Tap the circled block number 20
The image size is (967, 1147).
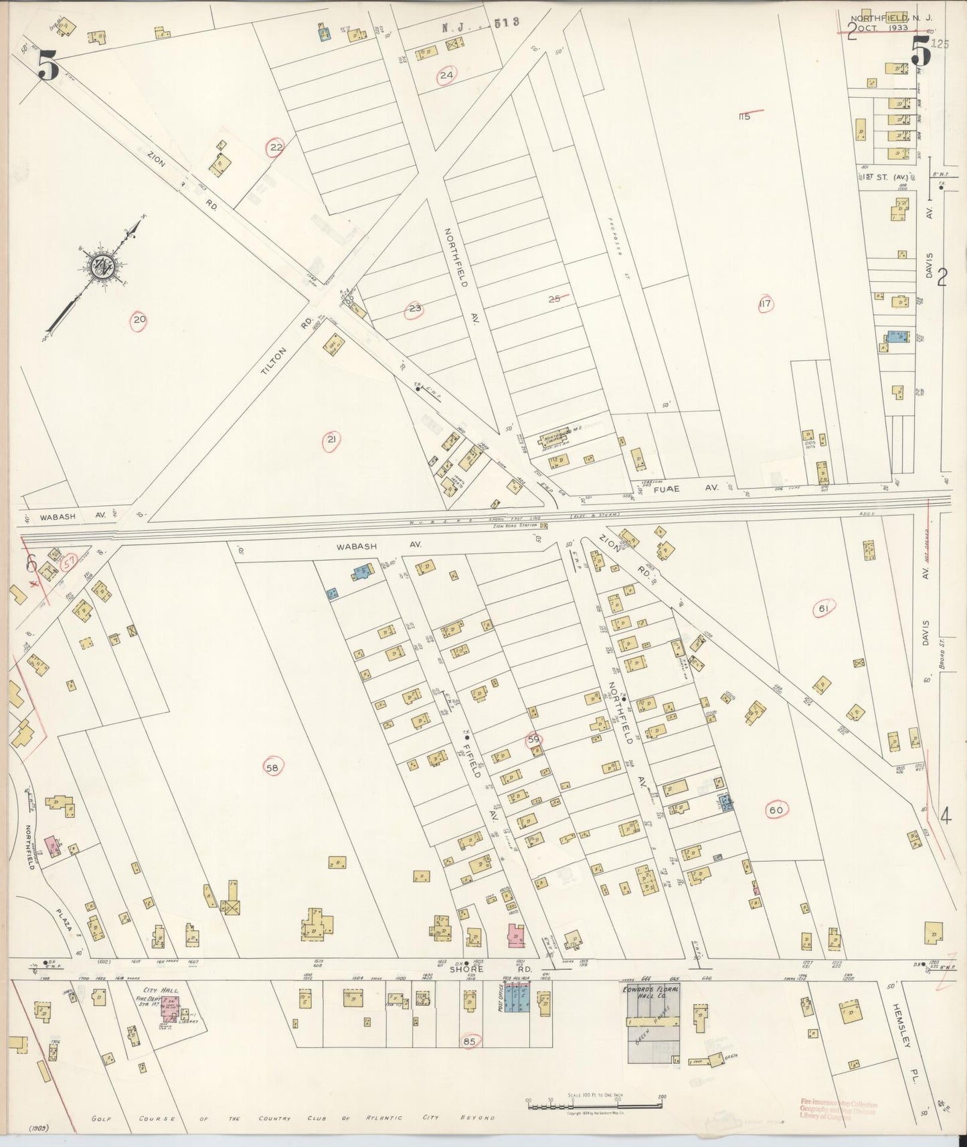pyautogui.click(x=139, y=320)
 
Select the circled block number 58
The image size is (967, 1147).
pyautogui.click(x=272, y=767)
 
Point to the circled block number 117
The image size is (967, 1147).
pyautogui.click(x=765, y=304)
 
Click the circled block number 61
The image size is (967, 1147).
pyautogui.click(x=823, y=608)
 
